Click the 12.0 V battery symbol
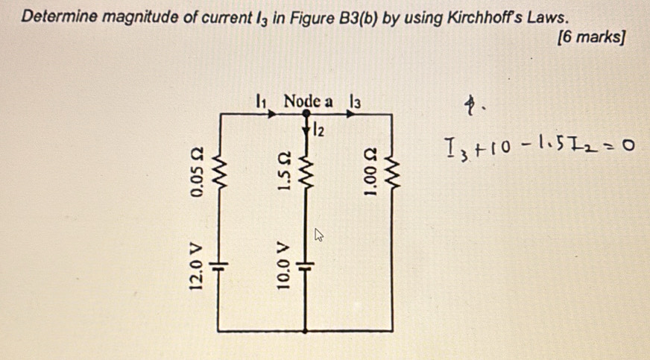pos(218,265)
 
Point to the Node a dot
pos(306,113)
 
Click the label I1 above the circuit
pos(260,100)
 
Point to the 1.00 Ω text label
pos(369,176)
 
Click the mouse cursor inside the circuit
pos(318,236)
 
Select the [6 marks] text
pos(591,37)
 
